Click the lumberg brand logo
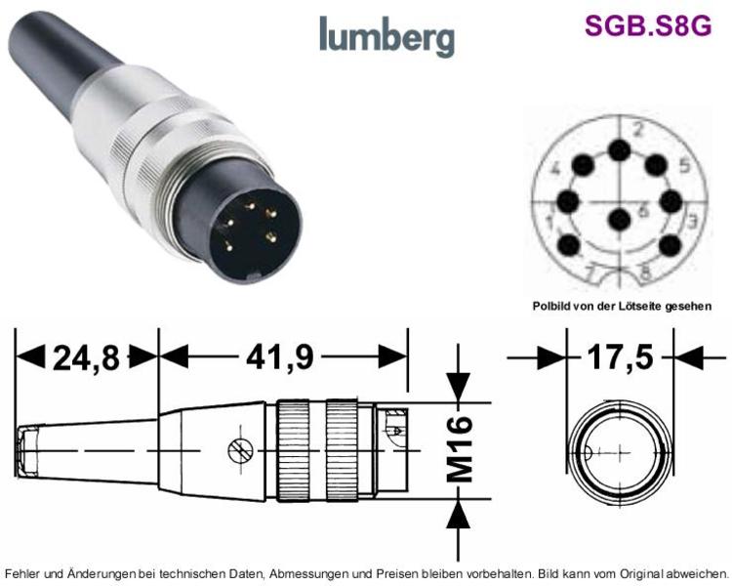click(387, 36)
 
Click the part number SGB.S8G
click(647, 25)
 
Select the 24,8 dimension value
click(86, 358)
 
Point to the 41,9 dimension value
click(280, 358)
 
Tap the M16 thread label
click(460, 449)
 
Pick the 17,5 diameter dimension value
click(620, 357)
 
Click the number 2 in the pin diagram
click(637, 130)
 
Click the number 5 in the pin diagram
click(684, 165)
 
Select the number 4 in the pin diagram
click(555, 168)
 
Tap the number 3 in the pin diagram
click(692, 220)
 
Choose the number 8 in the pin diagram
click(646, 272)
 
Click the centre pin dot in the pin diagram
click(621, 219)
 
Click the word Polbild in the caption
click(548, 307)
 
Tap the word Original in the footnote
click(640, 573)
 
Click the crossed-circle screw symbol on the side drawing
click(240, 451)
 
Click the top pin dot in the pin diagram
click(620, 150)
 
